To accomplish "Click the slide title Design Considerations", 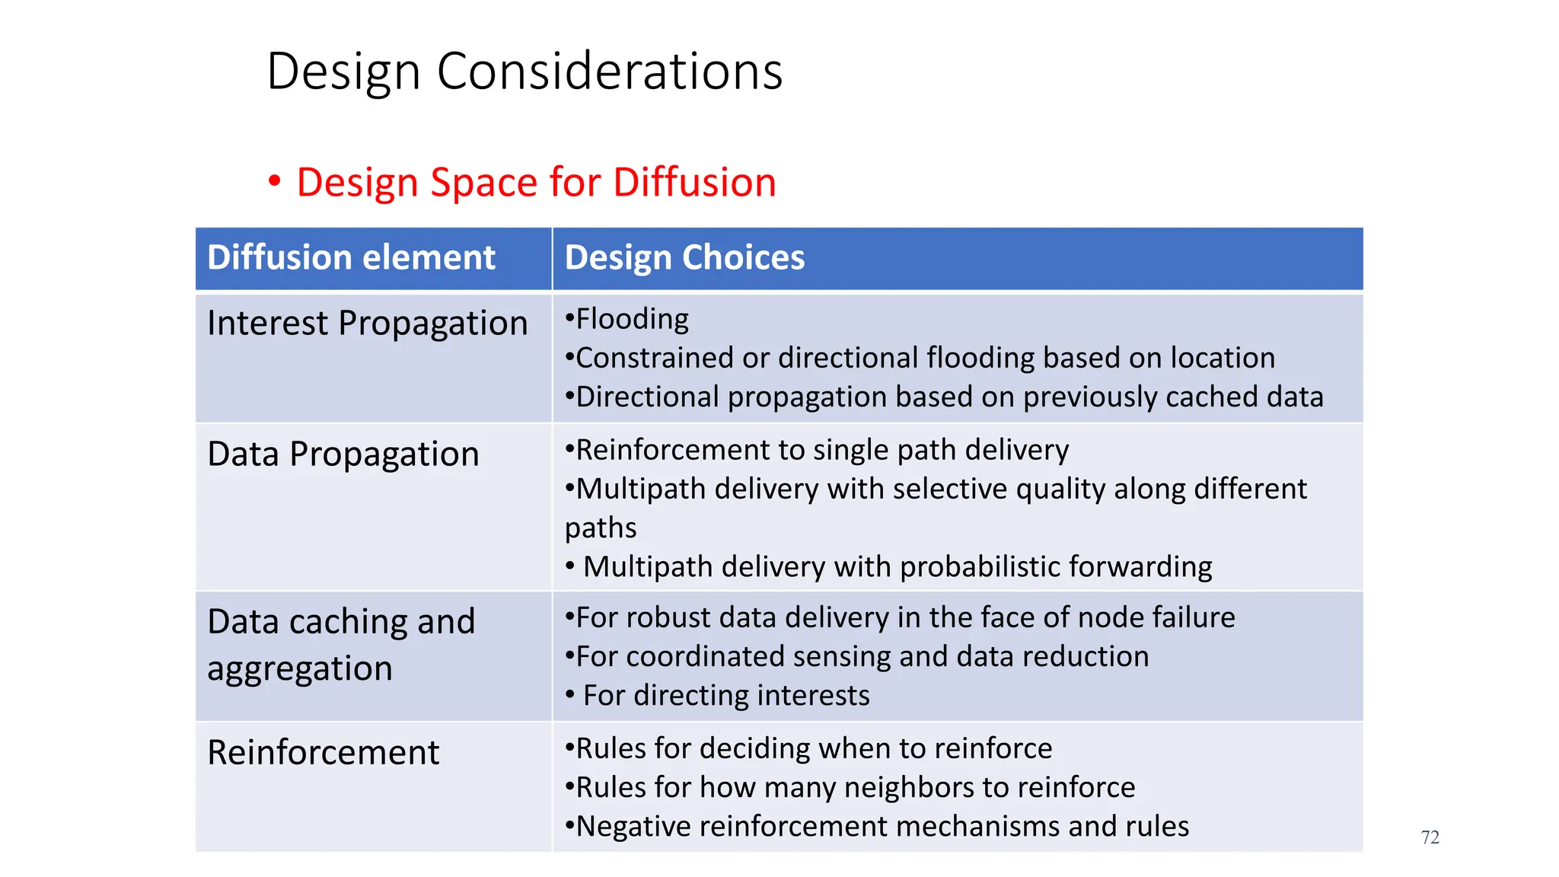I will (x=524, y=72).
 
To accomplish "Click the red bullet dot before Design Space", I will (x=274, y=182).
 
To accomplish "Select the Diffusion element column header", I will (x=351, y=257).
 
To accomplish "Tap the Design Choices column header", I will (x=684, y=257).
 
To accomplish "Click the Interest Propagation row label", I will (x=367, y=324).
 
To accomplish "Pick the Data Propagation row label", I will (x=343, y=454).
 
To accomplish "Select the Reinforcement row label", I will (x=323, y=753).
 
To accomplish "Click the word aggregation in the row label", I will (x=299, y=669).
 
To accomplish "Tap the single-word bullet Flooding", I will (x=632, y=319).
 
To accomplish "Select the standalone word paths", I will (x=600, y=528).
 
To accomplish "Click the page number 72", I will (x=1430, y=837).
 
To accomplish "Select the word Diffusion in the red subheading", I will (x=693, y=183).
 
